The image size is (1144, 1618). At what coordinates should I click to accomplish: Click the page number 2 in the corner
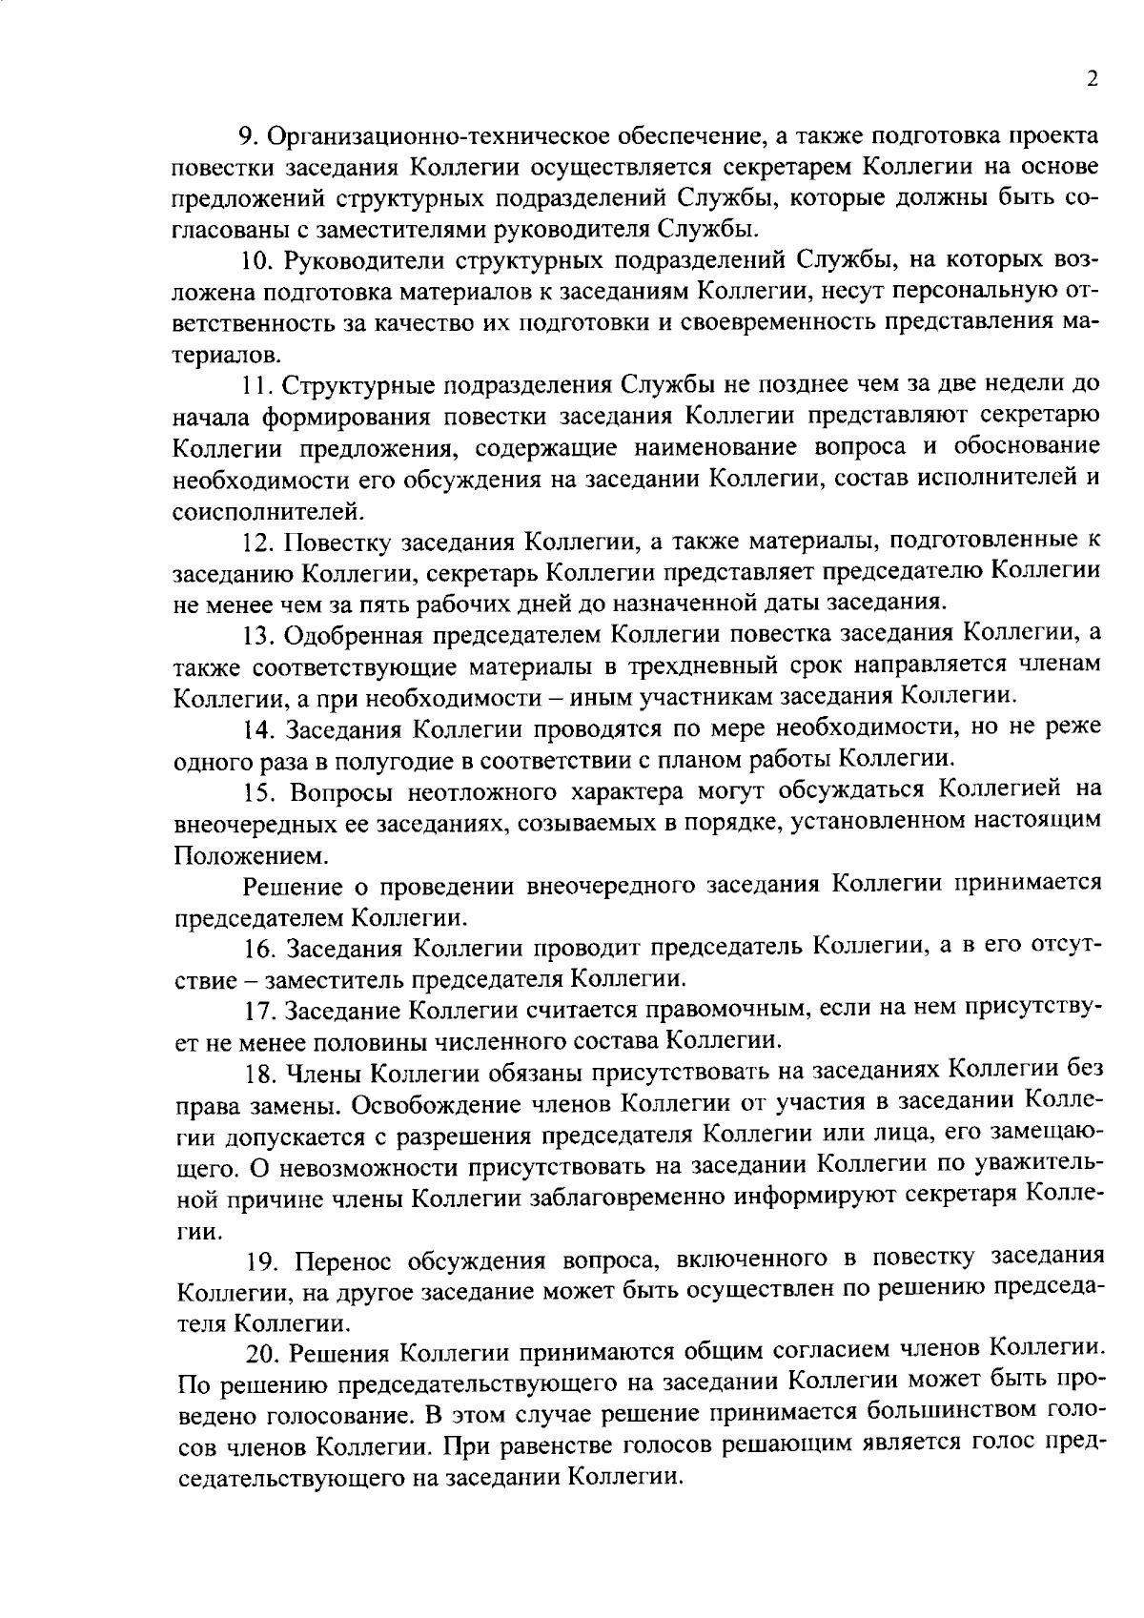[1093, 80]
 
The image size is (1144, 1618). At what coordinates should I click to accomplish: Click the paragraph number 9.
[246, 136]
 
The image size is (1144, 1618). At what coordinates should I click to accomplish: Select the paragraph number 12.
[257, 542]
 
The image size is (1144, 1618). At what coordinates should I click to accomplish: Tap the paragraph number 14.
[258, 728]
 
